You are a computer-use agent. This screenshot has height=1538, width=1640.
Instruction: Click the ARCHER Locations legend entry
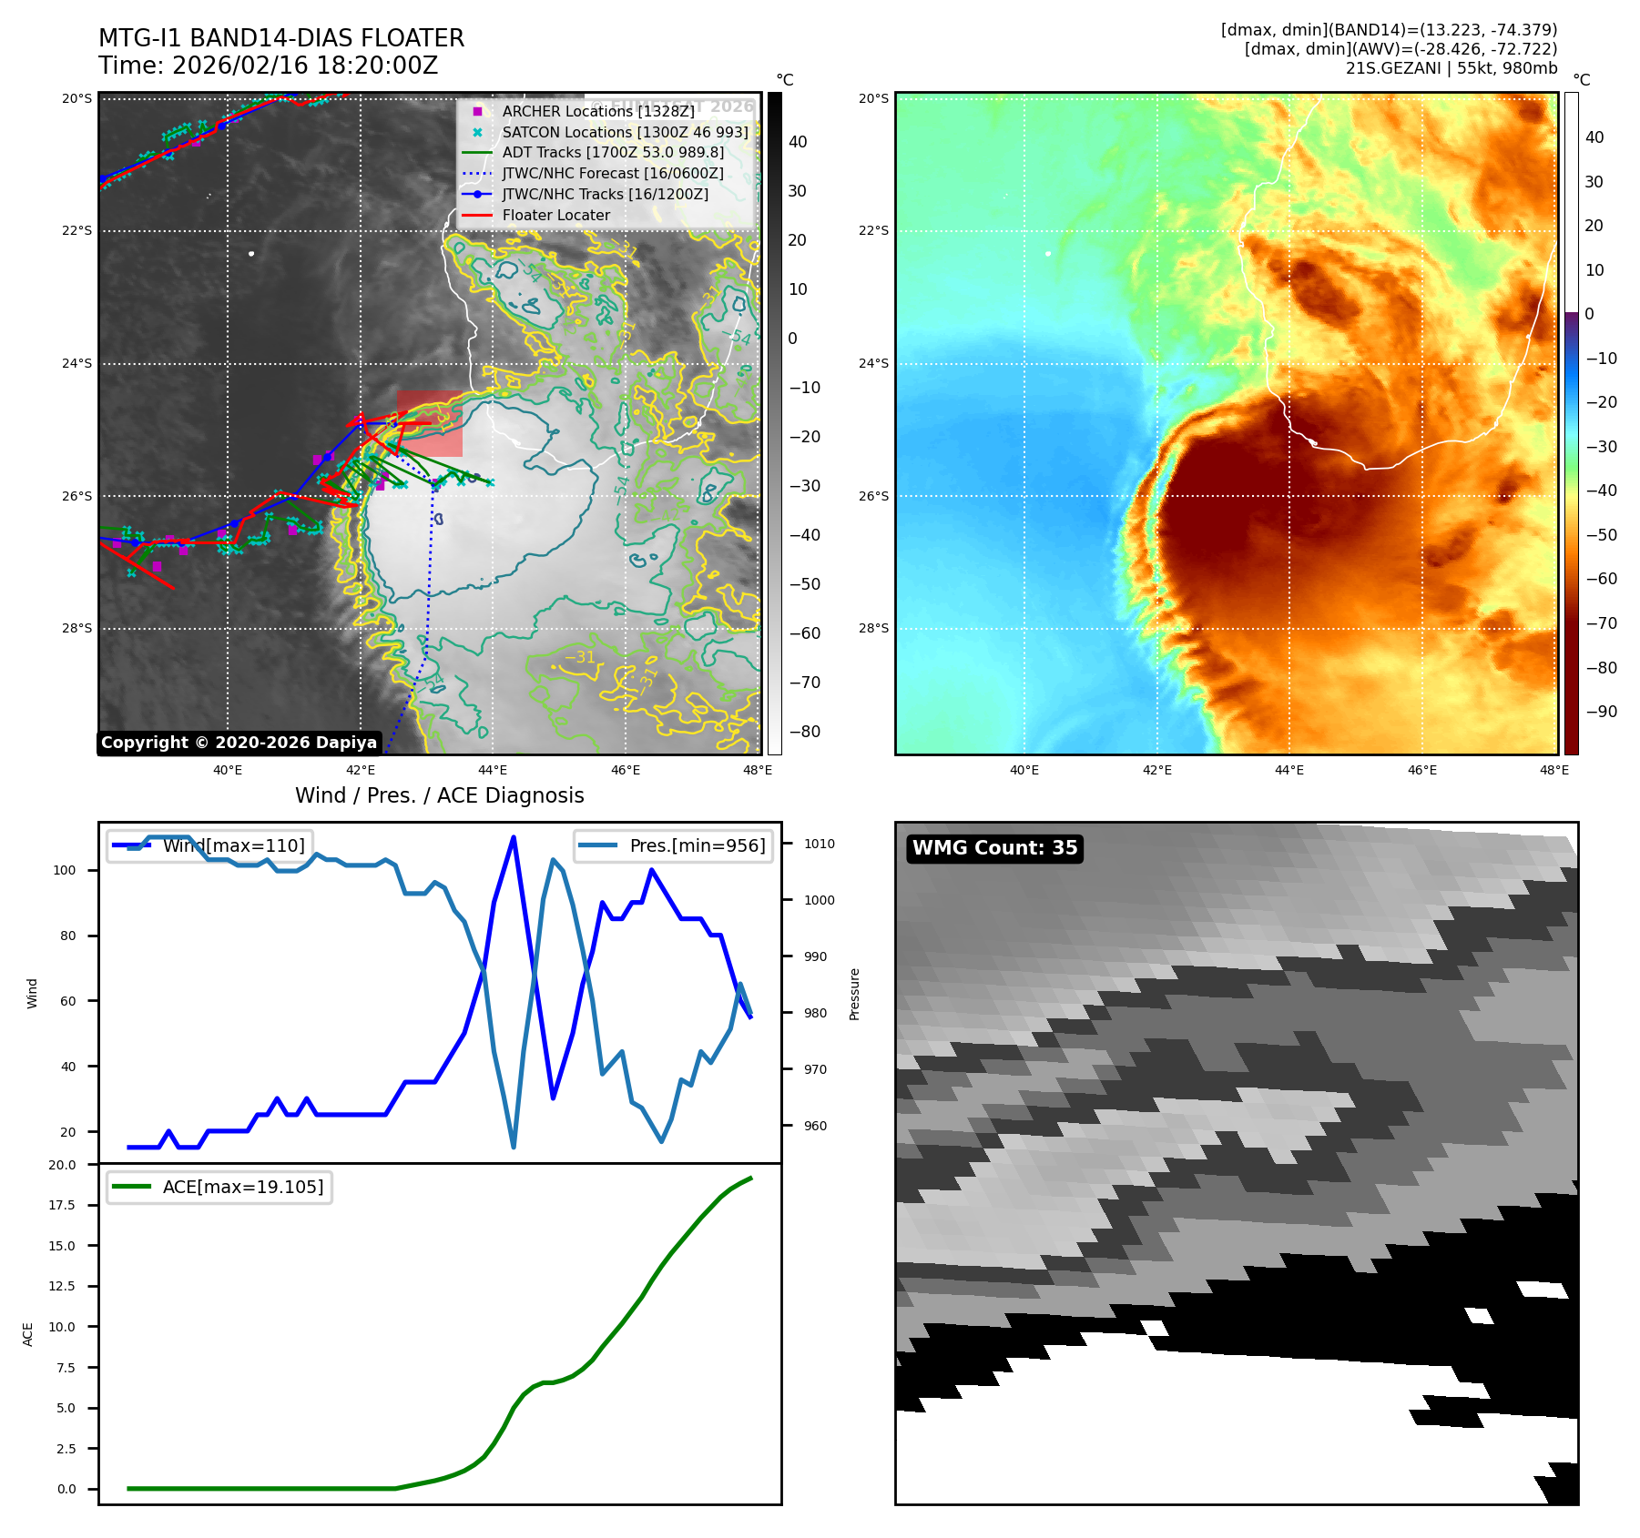coord(597,111)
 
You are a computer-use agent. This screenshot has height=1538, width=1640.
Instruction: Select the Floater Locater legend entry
coord(555,215)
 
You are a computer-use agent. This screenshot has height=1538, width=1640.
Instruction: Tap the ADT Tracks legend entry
coord(612,152)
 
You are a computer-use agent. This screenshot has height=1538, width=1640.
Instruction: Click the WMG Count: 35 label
coord(994,848)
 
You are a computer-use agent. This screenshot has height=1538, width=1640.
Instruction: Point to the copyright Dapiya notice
coord(239,743)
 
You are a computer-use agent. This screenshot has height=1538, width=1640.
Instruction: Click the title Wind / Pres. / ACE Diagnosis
coord(439,795)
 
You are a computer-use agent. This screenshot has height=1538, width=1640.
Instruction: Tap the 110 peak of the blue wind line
coord(514,837)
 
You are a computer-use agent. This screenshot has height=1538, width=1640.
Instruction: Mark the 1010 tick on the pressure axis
coord(819,844)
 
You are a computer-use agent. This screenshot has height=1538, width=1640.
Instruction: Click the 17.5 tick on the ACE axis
coord(62,1205)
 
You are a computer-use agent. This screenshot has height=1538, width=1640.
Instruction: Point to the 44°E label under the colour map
coord(1289,770)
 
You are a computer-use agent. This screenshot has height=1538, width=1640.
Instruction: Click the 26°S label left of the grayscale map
coord(76,496)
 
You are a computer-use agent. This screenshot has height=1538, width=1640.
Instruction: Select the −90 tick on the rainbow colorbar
coord(1601,712)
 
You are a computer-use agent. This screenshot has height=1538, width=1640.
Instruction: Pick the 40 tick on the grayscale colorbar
coord(798,142)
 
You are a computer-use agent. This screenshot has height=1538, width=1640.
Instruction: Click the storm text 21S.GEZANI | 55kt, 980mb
coord(1451,68)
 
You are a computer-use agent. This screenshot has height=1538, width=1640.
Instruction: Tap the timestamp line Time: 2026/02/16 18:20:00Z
coord(268,66)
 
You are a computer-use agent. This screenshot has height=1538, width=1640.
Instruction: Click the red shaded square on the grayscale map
coord(429,424)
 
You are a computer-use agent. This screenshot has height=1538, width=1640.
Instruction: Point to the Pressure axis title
coord(854,994)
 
